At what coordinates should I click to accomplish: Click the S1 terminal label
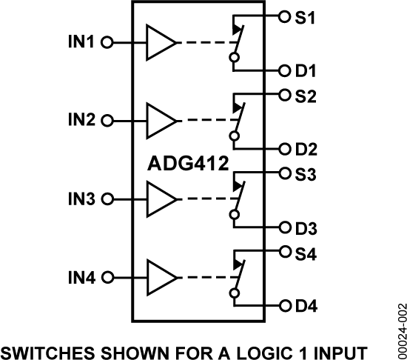(x=306, y=16)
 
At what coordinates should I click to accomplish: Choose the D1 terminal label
(x=306, y=72)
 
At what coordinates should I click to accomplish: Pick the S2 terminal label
(x=306, y=96)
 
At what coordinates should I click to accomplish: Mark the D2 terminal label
(x=306, y=149)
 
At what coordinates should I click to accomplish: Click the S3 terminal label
(x=306, y=175)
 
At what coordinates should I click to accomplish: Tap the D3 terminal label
(x=306, y=227)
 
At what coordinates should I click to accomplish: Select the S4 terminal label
(x=306, y=253)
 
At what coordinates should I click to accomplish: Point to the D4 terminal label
(x=306, y=305)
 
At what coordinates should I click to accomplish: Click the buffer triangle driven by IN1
(x=159, y=42)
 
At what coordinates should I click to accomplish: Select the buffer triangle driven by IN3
(x=159, y=199)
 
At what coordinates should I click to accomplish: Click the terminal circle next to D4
(x=285, y=305)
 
